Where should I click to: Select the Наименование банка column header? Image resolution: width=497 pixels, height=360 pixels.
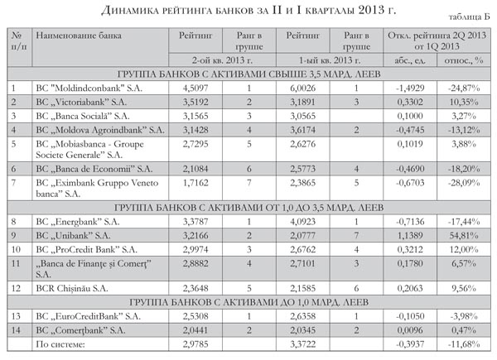click(77, 36)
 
